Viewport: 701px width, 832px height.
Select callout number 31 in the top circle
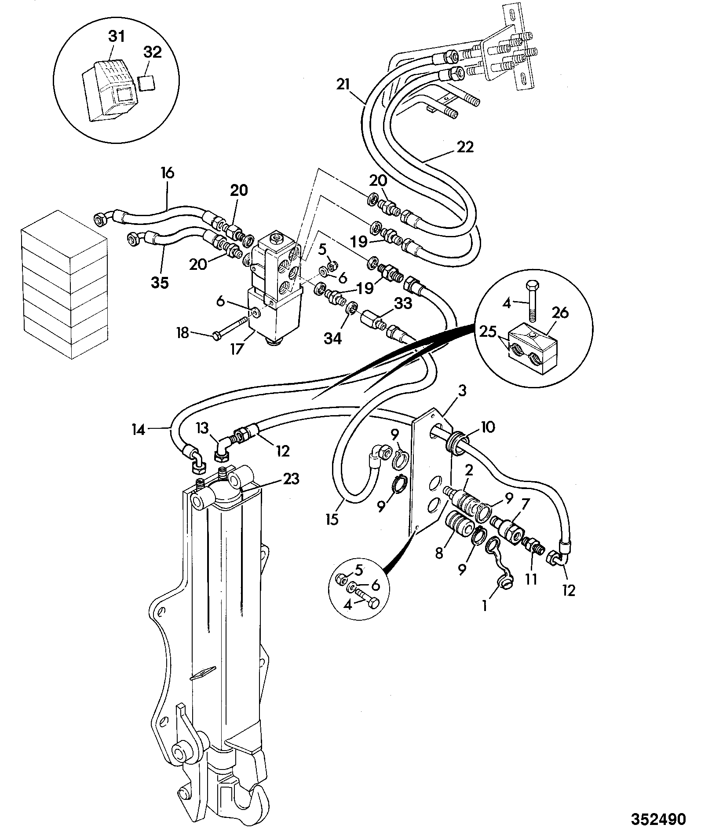pyautogui.click(x=117, y=37)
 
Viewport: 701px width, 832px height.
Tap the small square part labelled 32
pyautogui.click(x=146, y=82)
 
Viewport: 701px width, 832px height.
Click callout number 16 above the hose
pyautogui.click(x=167, y=173)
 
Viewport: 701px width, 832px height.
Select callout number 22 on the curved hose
pyautogui.click(x=465, y=147)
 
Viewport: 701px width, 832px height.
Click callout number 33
pyautogui.click(x=403, y=303)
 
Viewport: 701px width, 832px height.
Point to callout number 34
pyautogui.click(x=333, y=339)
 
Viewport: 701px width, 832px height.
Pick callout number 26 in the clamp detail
pyautogui.click(x=560, y=313)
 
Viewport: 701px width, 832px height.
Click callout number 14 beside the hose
pyautogui.click(x=139, y=429)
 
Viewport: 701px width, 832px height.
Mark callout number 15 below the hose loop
pyautogui.click(x=332, y=519)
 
